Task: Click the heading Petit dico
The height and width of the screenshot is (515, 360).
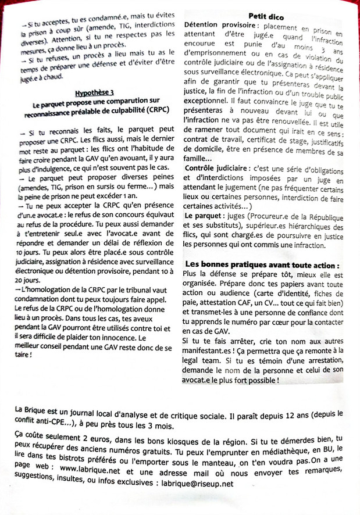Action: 265,16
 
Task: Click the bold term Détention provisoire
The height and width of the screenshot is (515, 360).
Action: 218,27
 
